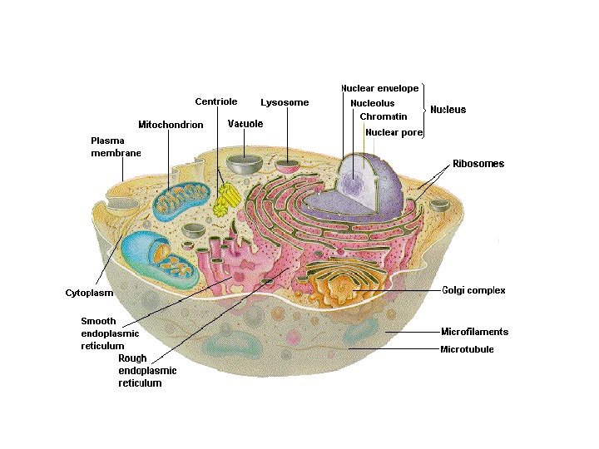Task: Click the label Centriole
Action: pyautogui.click(x=216, y=102)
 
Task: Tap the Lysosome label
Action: pyautogui.click(x=285, y=103)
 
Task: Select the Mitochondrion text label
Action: pyautogui.click(x=171, y=125)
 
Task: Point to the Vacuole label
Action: pyautogui.click(x=245, y=124)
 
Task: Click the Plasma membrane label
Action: pyautogui.click(x=116, y=146)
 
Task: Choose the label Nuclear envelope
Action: pyautogui.click(x=379, y=88)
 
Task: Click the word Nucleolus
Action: pyautogui.click(x=373, y=103)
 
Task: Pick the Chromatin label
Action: pyautogui.click(x=384, y=117)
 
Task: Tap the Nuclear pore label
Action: pyautogui.click(x=394, y=132)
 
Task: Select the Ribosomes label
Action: pyautogui.click(x=478, y=164)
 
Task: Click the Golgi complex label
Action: pyautogui.click(x=473, y=290)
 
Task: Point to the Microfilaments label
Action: pyautogui.click(x=474, y=332)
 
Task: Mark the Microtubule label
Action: pyautogui.click(x=467, y=349)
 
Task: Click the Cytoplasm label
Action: pyautogui.click(x=89, y=293)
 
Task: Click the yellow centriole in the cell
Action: pyautogui.click(x=225, y=200)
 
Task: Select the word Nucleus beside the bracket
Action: pyautogui.click(x=448, y=110)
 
